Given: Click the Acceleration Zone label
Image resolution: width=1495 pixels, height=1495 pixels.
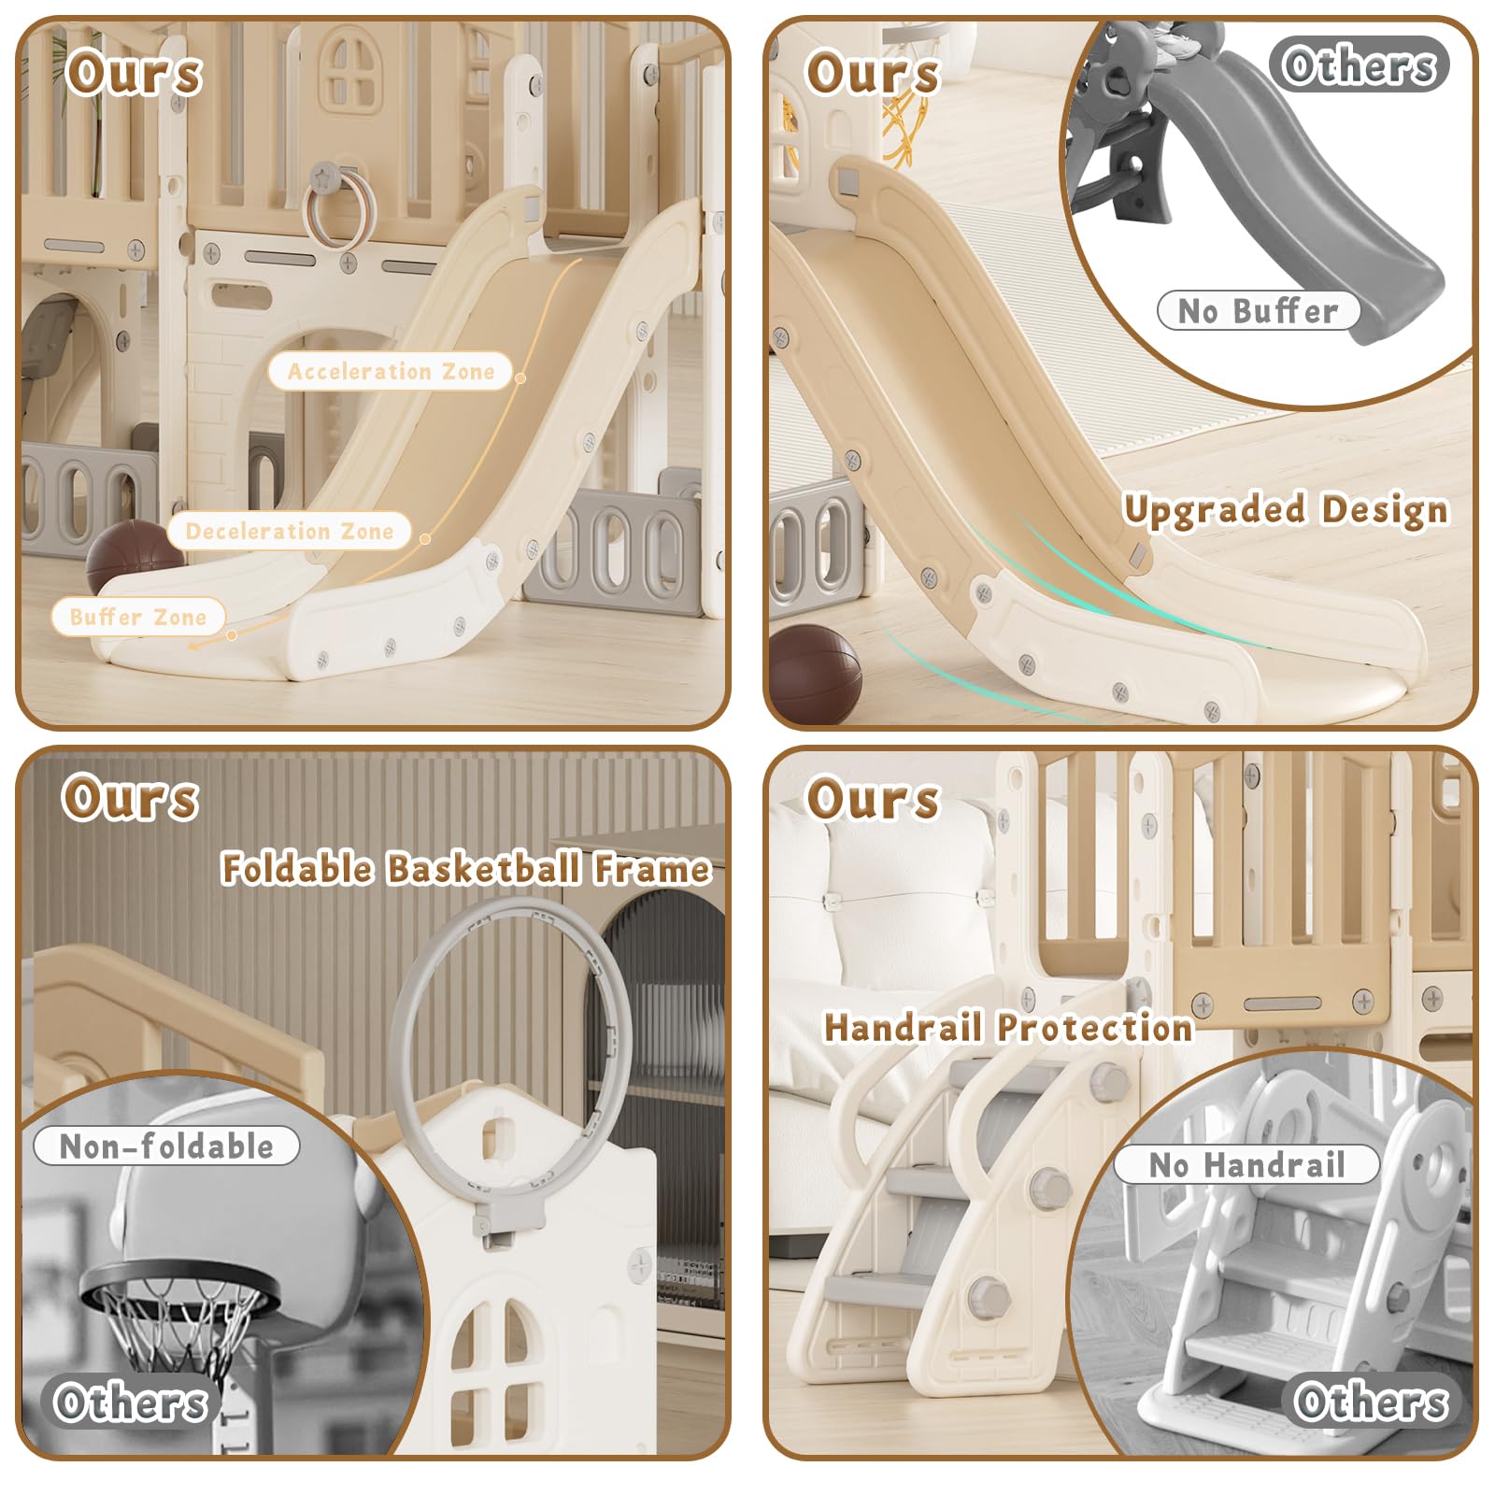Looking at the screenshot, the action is point(391,371).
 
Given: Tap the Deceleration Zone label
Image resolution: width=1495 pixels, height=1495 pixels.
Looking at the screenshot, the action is point(290,531).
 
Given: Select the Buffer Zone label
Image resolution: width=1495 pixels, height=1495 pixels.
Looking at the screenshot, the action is point(138,617).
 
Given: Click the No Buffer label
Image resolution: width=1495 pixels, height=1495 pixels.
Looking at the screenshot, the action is point(1258,310).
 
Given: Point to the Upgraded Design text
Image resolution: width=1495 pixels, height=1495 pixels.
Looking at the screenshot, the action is point(1287,510).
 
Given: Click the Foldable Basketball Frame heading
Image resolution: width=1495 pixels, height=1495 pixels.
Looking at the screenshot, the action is point(466,868).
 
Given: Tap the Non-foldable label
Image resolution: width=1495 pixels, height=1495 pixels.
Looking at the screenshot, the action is point(166,1146).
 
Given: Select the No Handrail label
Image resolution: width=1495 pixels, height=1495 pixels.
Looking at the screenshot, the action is point(1246,1164).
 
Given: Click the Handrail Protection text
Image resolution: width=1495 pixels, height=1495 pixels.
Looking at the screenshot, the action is point(1008,1027).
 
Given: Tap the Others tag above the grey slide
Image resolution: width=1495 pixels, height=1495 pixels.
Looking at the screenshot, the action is point(1359,64).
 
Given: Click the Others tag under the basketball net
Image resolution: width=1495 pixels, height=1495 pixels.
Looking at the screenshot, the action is point(130,1402).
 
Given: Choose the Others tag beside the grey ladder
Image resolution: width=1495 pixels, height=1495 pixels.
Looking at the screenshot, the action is point(1371,1401).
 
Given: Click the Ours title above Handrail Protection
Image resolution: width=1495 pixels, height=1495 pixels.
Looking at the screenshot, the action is point(873,800).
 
